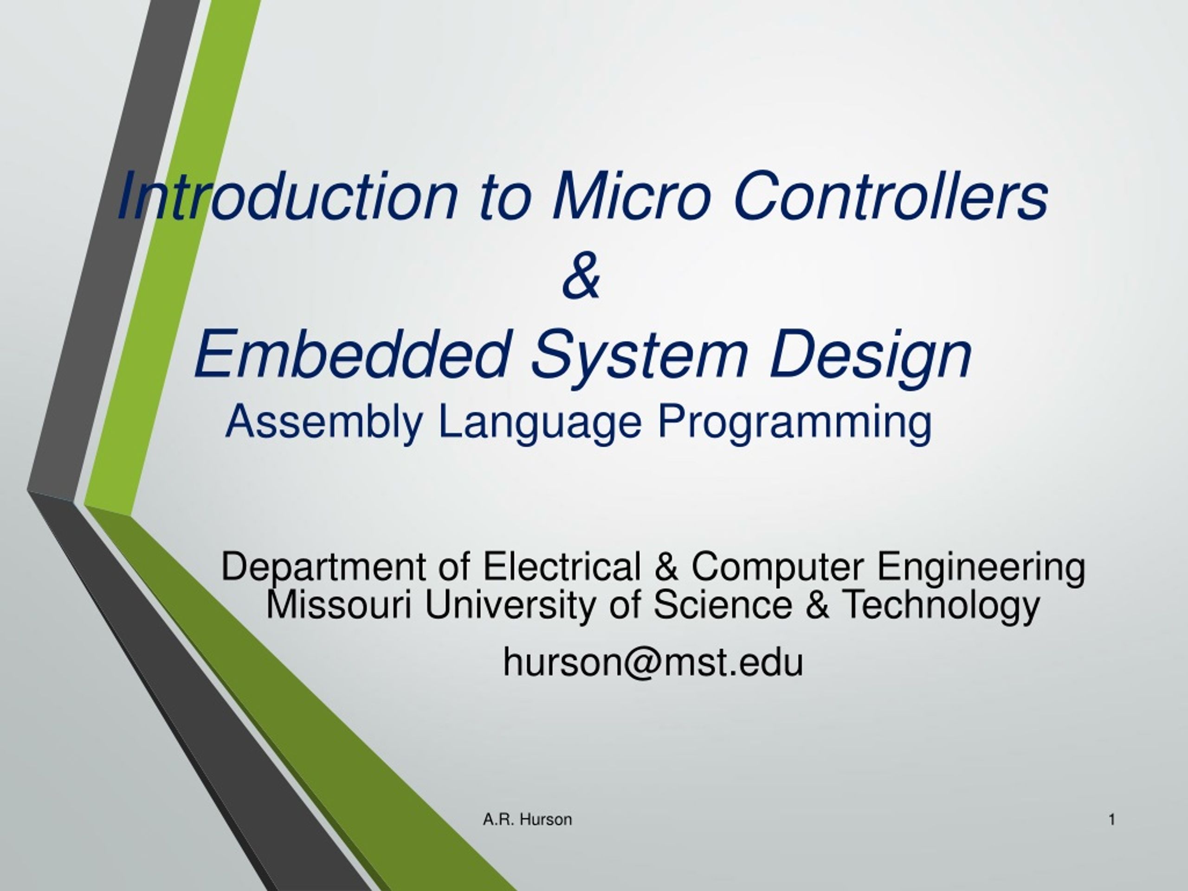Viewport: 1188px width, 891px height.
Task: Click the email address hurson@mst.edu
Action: [x=653, y=662]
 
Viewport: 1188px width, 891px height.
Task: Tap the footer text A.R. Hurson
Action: [x=527, y=820]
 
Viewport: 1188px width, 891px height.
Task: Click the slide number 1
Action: [x=1112, y=820]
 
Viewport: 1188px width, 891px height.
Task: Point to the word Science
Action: [x=723, y=604]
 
